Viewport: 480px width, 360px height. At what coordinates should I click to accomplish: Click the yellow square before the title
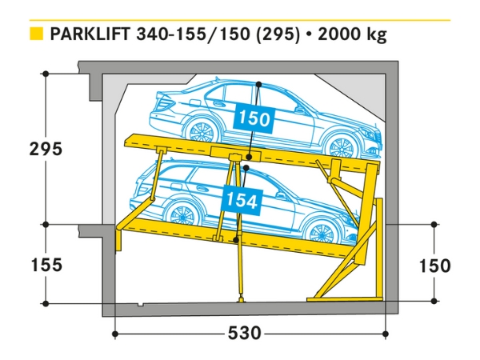[x=35, y=34]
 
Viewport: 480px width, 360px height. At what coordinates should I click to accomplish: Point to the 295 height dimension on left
[x=45, y=149]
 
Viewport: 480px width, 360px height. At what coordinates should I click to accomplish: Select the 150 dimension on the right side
[x=434, y=266]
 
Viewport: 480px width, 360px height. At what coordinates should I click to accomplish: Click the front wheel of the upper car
[x=342, y=146]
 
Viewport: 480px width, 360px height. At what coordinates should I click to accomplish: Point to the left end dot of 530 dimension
[x=115, y=333]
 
